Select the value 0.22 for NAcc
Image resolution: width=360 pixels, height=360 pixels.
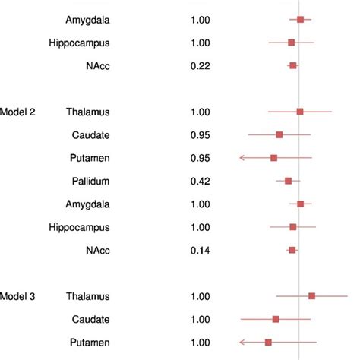[201, 66]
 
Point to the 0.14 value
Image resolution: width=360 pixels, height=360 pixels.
[201, 250]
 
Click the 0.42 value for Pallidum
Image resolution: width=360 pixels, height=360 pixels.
[201, 181]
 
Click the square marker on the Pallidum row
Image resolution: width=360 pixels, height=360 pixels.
[288, 181]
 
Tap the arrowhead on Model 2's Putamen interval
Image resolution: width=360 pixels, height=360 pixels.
[242, 158]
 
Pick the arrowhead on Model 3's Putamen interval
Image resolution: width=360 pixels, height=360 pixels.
[242, 343]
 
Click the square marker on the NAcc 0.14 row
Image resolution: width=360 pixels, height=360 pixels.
[292, 250]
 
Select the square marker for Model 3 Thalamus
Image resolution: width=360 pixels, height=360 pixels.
[311, 296]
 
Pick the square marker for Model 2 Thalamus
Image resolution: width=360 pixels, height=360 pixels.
[300, 112]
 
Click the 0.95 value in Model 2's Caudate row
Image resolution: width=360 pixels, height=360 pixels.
[201, 134]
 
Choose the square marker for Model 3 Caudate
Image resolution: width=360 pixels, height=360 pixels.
[276, 319]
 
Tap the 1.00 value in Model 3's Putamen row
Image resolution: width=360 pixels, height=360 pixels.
[201, 343]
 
